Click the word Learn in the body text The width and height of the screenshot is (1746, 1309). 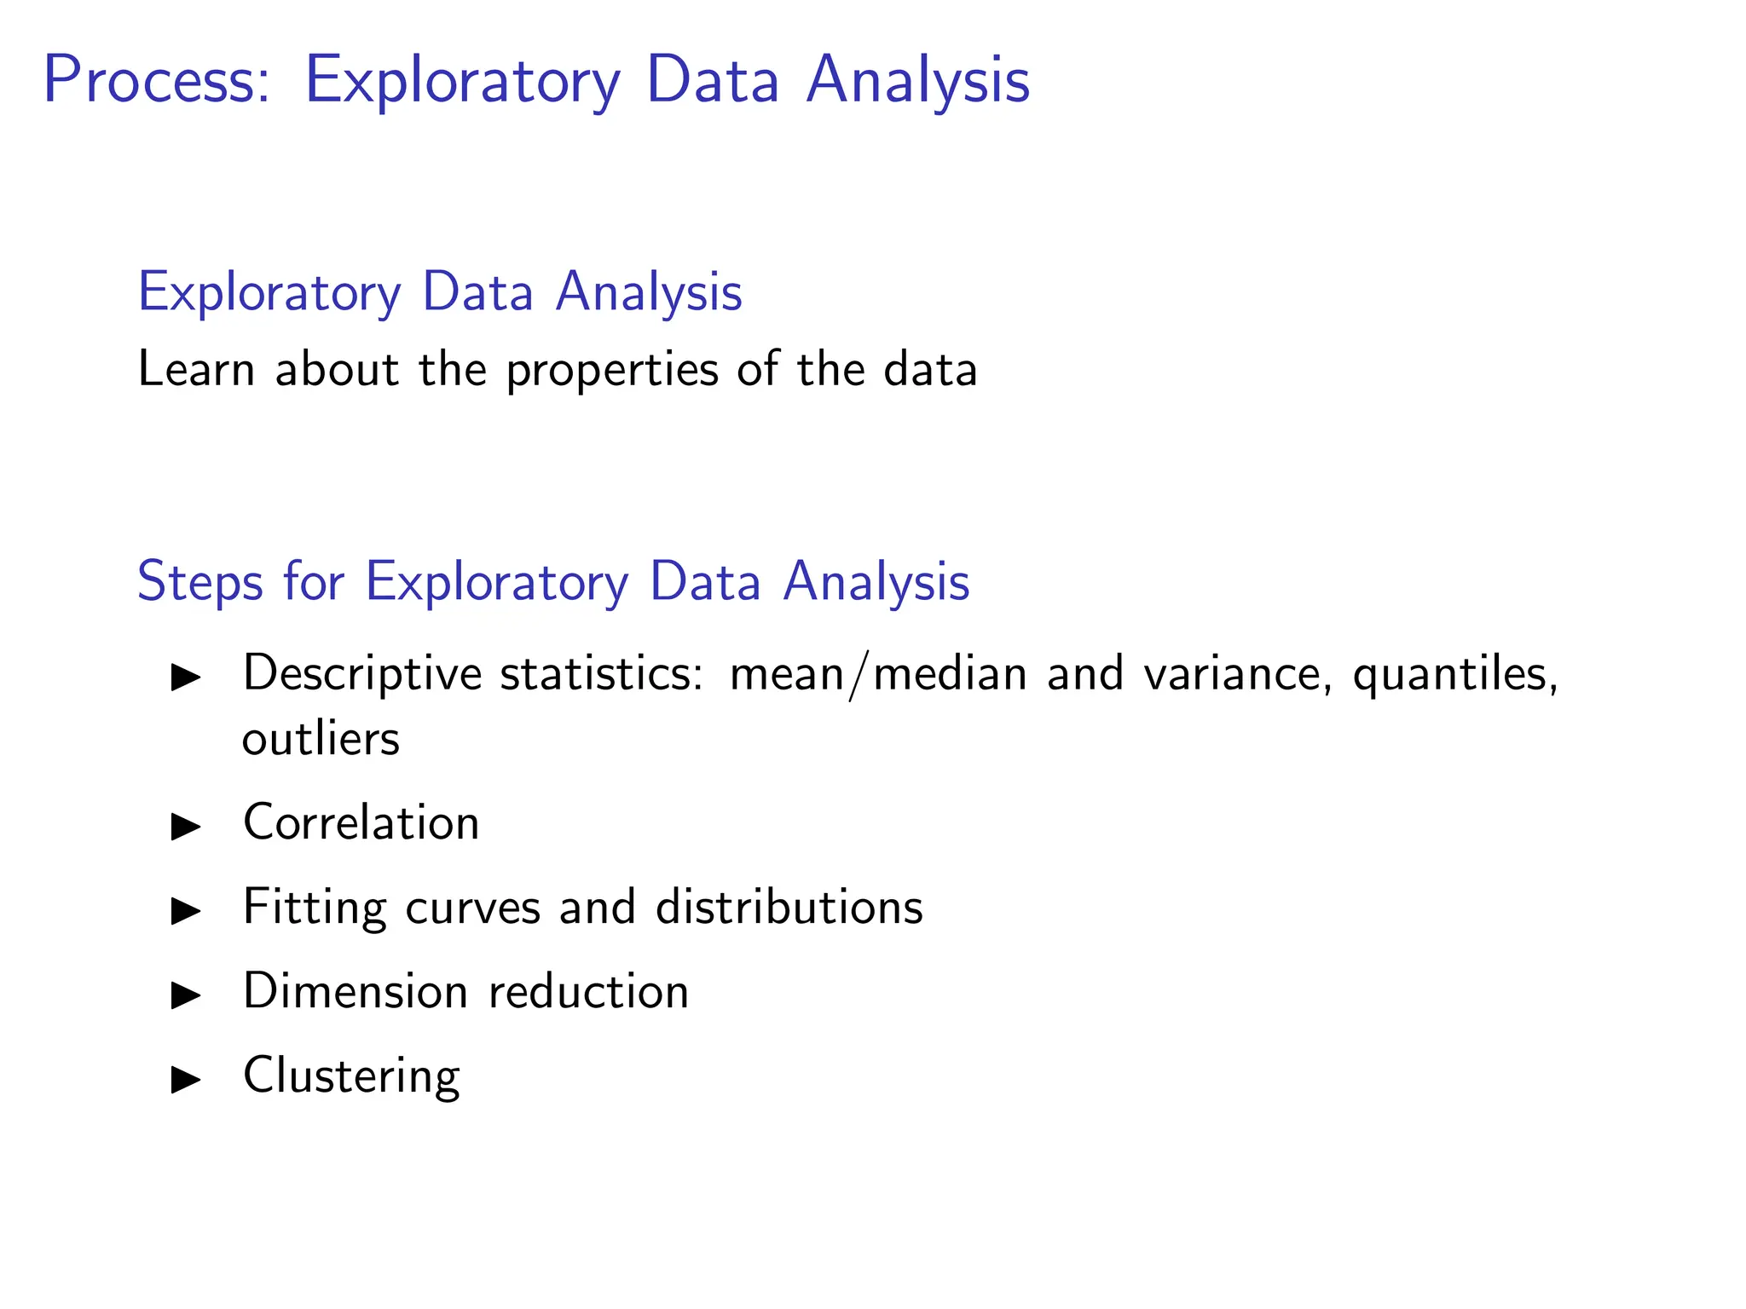pos(196,370)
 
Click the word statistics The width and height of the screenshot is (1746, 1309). pos(601,673)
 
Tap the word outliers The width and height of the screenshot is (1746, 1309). pos(321,739)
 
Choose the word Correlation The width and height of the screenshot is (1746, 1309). pos(361,822)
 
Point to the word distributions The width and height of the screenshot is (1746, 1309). pos(789,907)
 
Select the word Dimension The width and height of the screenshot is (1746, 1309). pos(356,991)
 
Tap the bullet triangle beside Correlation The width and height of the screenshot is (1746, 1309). pos(185,826)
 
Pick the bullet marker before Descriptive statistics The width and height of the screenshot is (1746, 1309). pos(185,678)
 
